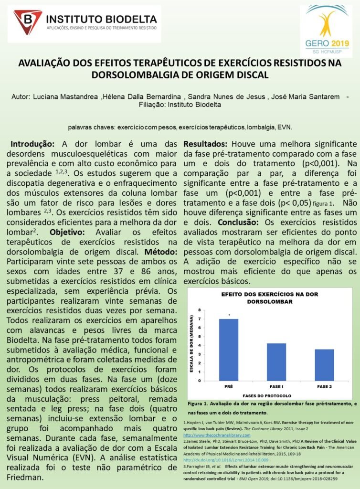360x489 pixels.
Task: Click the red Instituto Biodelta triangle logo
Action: [x=28, y=21]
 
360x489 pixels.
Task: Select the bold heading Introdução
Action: [x=32, y=144]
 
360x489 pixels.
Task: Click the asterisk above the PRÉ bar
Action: [x=229, y=315]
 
